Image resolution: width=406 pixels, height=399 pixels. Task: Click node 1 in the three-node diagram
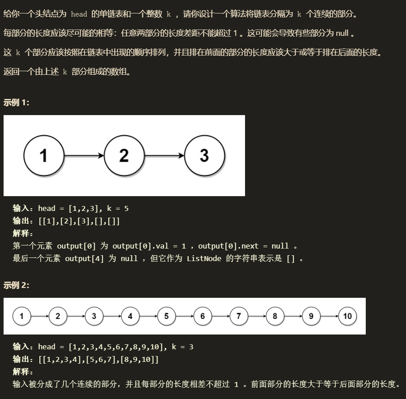coord(44,155)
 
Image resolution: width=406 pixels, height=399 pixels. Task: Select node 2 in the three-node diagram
coord(124,155)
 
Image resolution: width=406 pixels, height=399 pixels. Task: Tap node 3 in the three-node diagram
coord(204,155)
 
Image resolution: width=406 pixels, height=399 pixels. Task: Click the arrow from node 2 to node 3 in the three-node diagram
coord(164,155)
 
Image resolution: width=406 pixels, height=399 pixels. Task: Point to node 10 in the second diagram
coord(347,316)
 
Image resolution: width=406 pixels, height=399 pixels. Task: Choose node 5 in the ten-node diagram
coord(166,316)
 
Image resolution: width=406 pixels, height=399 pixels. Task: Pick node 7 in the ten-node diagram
coord(238,316)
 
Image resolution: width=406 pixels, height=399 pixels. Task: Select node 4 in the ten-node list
coord(130,316)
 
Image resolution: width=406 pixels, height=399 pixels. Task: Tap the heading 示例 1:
coord(17,103)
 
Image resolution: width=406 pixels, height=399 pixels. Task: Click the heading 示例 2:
coord(17,285)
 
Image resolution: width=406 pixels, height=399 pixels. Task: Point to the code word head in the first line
coord(79,14)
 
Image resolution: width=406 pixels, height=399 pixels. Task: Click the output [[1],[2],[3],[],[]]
coord(79,221)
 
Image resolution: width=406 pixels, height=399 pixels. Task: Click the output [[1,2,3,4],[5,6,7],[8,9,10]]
coord(98,360)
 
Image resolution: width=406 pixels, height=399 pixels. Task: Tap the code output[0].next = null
coord(243,246)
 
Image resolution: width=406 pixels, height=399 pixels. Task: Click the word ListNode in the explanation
coord(204,258)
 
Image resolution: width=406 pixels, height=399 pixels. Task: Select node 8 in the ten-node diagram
coord(275,316)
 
